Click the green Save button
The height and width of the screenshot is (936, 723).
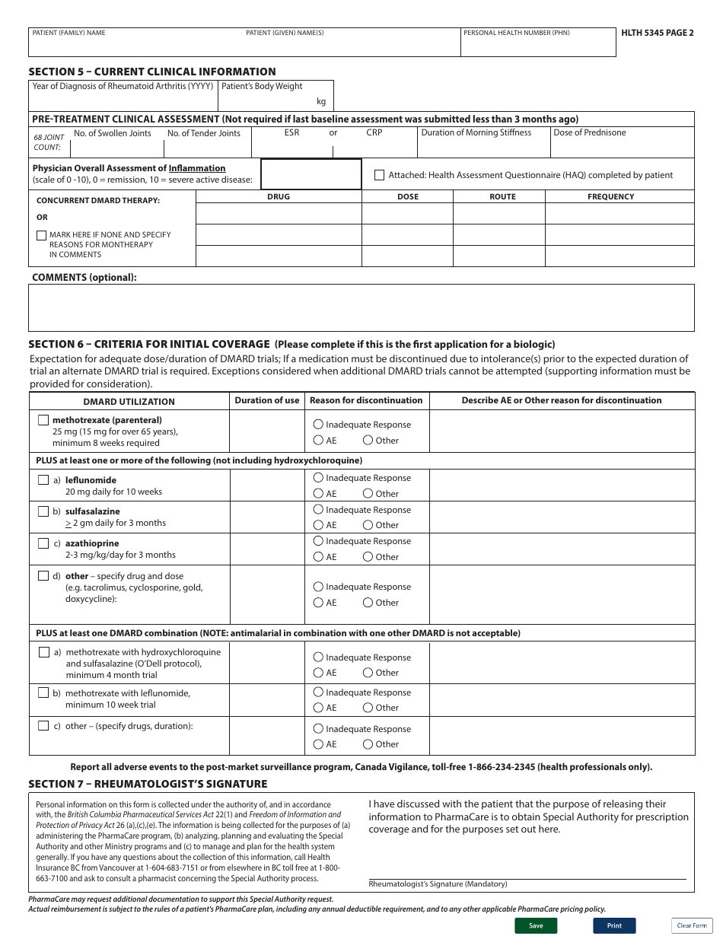[x=536, y=925]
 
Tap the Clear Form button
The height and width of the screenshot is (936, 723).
[x=691, y=925]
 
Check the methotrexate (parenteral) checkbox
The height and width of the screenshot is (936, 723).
[x=43, y=420]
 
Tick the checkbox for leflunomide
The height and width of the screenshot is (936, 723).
[x=43, y=480]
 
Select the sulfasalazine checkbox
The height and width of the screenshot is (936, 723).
[x=43, y=511]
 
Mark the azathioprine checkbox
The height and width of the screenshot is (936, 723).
[x=43, y=543]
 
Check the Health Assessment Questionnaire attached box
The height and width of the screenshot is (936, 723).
[x=379, y=175]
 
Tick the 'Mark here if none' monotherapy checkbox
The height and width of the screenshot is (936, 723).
[x=41, y=235]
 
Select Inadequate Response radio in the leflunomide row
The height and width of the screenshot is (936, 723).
[x=318, y=478]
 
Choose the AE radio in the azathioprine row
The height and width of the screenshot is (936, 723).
[x=318, y=556]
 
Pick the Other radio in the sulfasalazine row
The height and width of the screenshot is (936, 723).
[x=368, y=524]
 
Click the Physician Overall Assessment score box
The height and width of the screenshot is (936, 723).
[x=311, y=174]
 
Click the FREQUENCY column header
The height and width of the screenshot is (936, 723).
[x=610, y=196]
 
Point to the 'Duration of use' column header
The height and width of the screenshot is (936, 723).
[x=267, y=400]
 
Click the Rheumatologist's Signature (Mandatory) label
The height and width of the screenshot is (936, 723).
[x=438, y=884]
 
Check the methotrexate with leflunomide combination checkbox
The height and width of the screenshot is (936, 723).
[x=43, y=693]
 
